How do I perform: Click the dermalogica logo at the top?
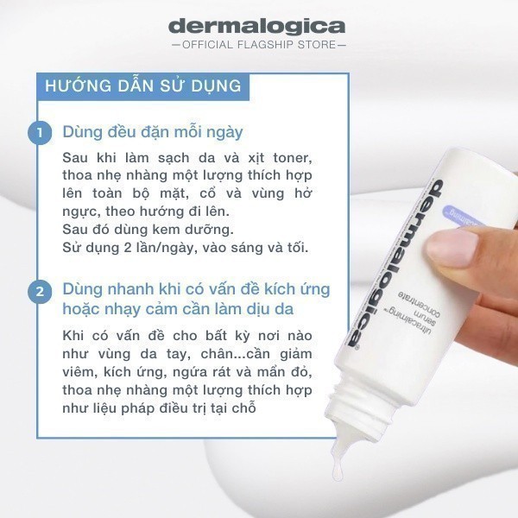256,27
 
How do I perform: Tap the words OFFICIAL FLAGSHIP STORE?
259,45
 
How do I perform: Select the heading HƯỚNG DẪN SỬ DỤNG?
143,85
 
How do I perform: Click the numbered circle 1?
40,133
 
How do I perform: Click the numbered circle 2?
40,292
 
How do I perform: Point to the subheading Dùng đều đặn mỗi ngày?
153,132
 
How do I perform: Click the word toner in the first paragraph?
293,158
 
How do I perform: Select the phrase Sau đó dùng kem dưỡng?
148,230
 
